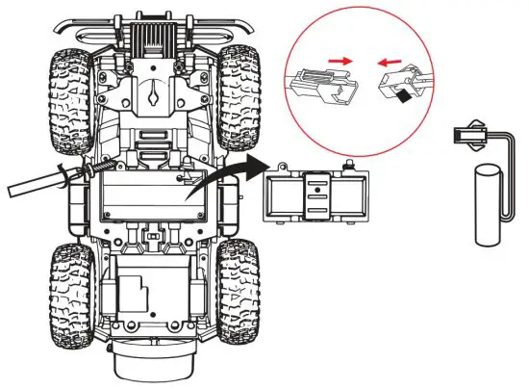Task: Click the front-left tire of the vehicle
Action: tap(69, 83)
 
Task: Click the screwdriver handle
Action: tap(34, 181)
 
